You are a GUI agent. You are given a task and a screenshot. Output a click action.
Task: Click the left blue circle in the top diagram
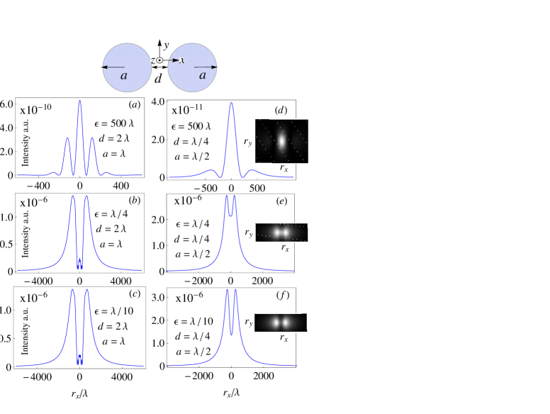(x=127, y=67)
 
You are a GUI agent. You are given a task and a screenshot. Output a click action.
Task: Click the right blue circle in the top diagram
(x=192, y=67)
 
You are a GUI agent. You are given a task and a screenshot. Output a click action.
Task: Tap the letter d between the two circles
(x=158, y=78)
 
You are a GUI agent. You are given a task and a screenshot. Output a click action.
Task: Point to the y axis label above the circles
(x=166, y=46)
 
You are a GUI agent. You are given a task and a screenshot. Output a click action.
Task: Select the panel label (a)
(x=135, y=105)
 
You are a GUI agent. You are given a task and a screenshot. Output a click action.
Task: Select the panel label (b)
(x=135, y=200)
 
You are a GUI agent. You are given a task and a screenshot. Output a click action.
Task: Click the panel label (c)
(x=135, y=293)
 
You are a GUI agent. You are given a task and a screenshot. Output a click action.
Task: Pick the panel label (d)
(x=281, y=110)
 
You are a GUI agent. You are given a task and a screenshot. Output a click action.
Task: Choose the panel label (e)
(x=281, y=201)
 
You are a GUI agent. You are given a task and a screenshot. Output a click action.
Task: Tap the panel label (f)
(x=282, y=295)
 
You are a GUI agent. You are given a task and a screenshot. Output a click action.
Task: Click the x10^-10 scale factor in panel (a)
(x=35, y=110)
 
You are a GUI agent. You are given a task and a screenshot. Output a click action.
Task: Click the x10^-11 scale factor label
(x=188, y=110)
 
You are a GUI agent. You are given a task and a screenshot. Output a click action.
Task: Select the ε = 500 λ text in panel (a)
(x=114, y=123)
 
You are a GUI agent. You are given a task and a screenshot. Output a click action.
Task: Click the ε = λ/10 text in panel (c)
(x=113, y=310)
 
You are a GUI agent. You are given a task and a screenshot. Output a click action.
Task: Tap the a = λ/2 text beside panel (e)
(x=192, y=254)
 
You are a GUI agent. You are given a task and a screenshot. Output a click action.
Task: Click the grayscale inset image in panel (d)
(x=281, y=141)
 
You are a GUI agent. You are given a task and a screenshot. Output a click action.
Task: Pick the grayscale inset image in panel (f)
(x=281, y=323)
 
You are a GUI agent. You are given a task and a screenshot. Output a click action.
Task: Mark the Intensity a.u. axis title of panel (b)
(x=26, y=233)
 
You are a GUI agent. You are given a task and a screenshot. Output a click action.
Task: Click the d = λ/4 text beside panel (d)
(x=191, y=141)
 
